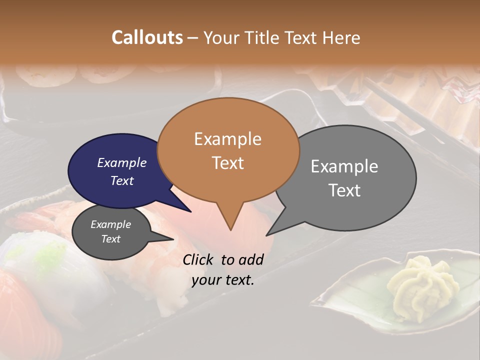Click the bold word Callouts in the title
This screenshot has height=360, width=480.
click(x=147, y=37)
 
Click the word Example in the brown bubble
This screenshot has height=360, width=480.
click(x=227, y=139)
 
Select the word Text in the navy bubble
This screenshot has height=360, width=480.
click(x=122, y=180)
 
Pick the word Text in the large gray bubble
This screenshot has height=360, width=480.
click(x=345, y=190)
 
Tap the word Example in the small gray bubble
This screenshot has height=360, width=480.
click(x=110, y=224)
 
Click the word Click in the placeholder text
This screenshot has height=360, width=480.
click(x=198, y=259)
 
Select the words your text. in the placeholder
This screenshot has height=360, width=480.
click(x=223, y=280)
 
